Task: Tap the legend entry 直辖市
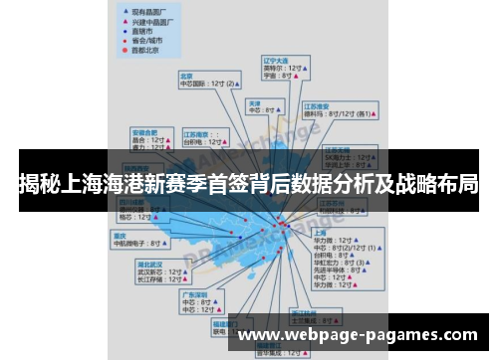click(140, 29)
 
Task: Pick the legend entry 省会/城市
click(144, 39)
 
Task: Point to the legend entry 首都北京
click(143, 49)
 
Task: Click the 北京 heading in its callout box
click(186, 75)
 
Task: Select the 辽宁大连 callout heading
click(275, 60)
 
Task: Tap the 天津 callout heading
click(255, 102)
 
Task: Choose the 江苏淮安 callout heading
click(318, 105)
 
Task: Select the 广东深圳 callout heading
click(193, 294)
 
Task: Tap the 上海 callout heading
click(321, 232)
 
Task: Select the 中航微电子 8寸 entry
click(140, 243)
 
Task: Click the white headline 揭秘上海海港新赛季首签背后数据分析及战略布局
click(248, 183)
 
